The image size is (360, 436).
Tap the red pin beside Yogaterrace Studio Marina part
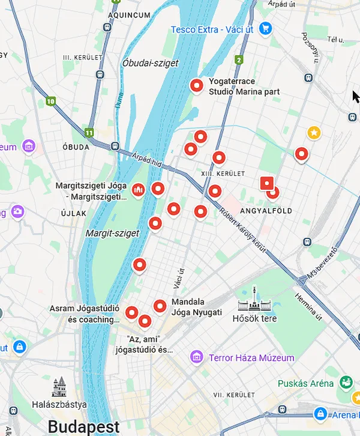pos(196,86)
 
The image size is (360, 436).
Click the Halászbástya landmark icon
pos(59,387)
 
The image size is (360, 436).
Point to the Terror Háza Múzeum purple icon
pos(196,357)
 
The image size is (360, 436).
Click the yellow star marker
pos(314,132)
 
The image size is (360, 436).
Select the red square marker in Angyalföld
pos(267,184)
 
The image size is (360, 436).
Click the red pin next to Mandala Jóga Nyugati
pos(160,306)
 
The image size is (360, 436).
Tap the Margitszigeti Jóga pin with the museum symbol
pos(138,190)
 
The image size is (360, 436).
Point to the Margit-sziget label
pos(112,232)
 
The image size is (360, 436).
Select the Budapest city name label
pos(83,426)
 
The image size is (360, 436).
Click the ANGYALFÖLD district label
pos(266,211)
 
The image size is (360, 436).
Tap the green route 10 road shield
pos(51,101)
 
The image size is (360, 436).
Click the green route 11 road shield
pos(89,132)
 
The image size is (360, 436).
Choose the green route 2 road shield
pos(239,60)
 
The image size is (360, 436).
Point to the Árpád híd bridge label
pos(148,157)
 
